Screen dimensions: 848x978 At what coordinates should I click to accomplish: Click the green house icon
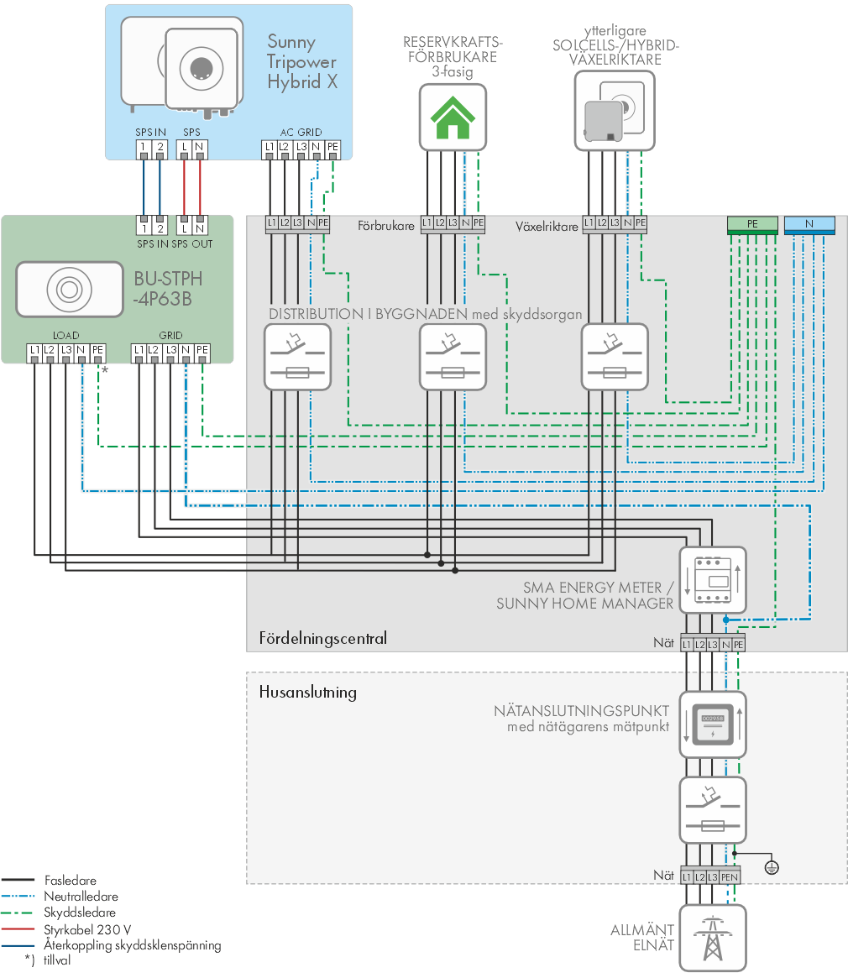(453, 118)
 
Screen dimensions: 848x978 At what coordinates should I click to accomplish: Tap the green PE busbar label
(752, 224)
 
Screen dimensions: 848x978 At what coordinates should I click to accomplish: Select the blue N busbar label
(809, 224)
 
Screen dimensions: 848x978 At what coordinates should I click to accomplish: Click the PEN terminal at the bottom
(730, 877)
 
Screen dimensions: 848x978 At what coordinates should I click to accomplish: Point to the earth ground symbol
(772, 867)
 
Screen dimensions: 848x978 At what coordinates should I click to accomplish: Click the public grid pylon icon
(713, 938)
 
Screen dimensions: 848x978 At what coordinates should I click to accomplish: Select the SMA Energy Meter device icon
(713, 580)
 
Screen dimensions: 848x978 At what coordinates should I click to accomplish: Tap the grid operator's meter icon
(713, 724)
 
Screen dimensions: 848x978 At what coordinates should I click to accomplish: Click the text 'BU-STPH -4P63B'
(168, 289)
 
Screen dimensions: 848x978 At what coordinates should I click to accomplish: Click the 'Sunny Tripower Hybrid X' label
(302, 62)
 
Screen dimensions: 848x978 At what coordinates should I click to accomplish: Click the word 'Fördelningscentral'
(322, 638)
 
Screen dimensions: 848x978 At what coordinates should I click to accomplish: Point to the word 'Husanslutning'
(307, 693)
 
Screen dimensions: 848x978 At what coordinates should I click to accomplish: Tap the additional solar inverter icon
(615, 111)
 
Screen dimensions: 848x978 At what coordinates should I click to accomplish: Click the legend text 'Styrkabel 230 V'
(87, 929)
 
